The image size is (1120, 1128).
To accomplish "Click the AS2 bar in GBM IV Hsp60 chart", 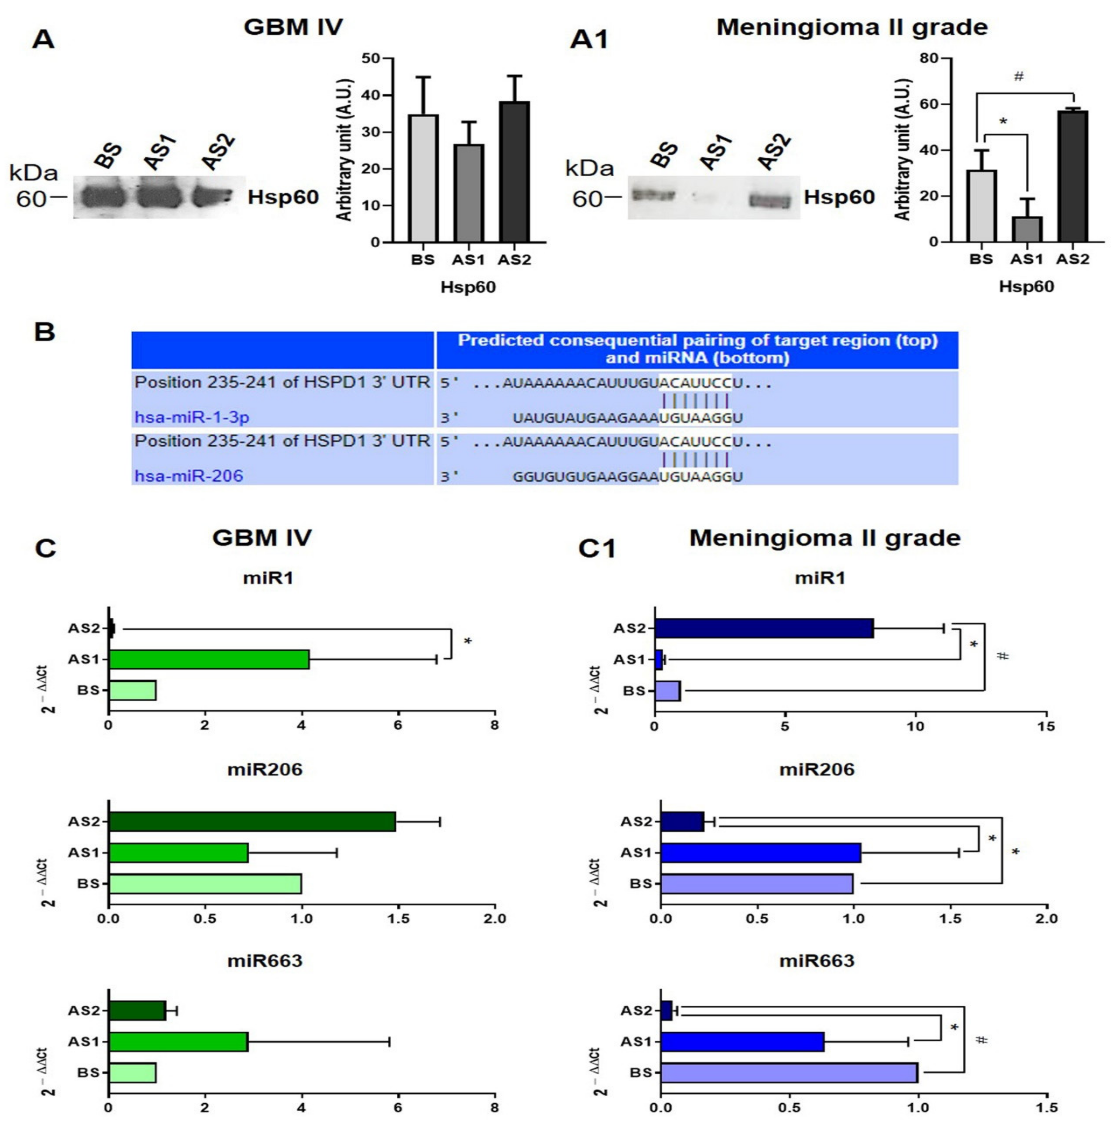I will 514,172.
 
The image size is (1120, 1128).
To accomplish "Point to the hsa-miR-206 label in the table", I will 188,476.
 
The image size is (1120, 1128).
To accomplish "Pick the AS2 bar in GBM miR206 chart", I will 252,821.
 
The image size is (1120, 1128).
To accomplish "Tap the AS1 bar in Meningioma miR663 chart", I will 742,1042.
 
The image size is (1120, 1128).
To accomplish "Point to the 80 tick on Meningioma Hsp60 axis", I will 928,58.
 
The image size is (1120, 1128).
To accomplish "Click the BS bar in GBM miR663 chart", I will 133,1072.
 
